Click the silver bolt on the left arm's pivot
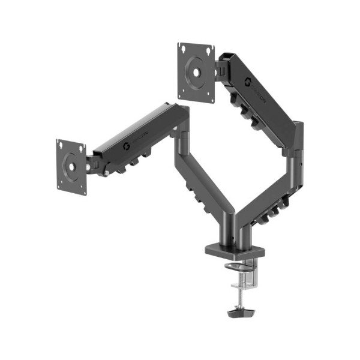coord(105,175)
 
